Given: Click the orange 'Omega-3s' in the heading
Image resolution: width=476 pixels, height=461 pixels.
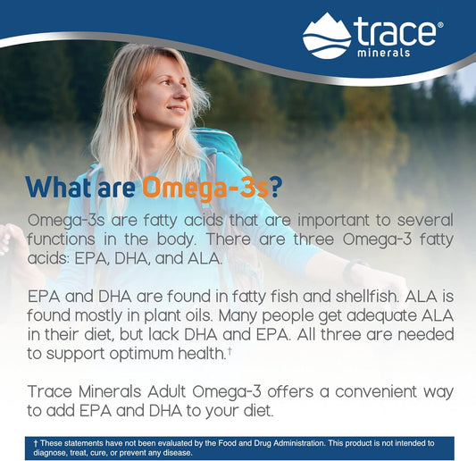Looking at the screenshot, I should coord(203,188).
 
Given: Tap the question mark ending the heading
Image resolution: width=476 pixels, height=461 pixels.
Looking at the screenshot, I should coord(277,188).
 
